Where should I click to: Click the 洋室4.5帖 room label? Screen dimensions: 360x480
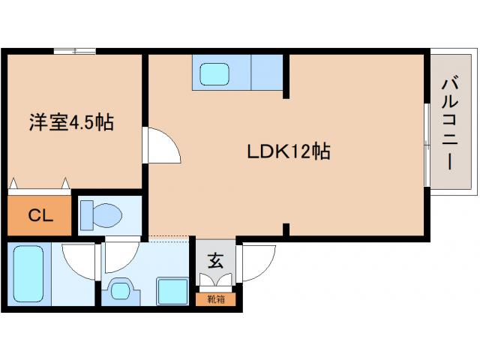[x=71, y=122]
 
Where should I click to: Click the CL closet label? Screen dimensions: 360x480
[x=39, y=215]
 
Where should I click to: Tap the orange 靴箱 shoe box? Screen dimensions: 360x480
[x=216, y=299]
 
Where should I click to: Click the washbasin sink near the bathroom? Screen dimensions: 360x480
[x=120, y=290]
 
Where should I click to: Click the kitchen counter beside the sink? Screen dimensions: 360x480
[x=265, y=72]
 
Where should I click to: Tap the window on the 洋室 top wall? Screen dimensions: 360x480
[x=74, y=51]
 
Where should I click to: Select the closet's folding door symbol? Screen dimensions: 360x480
[x=39, y=185]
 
